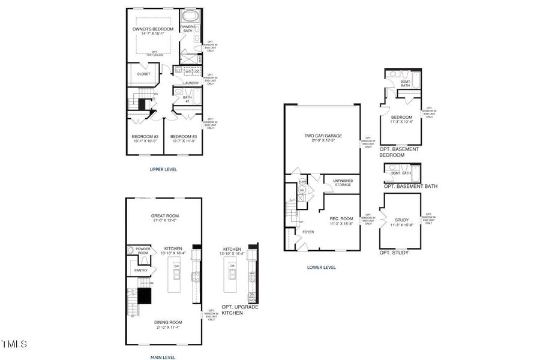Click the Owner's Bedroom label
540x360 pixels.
(x=152, y=29)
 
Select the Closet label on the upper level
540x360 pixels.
(x=144, y=74)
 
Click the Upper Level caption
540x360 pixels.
(x=163, y=169)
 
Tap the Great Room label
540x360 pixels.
(x=163, y=217)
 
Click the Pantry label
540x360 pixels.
(x=141, y=270)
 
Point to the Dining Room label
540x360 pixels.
(x=163, y=325)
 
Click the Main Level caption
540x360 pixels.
(x=163, y=357)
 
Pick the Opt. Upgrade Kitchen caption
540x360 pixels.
(x=240, y=310)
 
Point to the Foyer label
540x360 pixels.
(x=308, y=230)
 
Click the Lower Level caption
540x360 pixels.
(x=322, y=267)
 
